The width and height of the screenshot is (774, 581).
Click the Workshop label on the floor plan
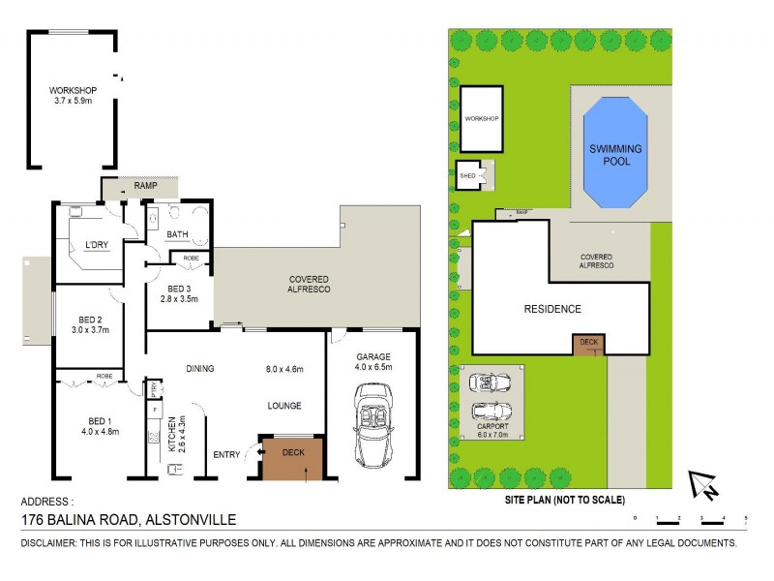pos(74,91)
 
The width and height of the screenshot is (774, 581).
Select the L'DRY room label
pos(96,244)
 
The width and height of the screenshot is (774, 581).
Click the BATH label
pos(177,234)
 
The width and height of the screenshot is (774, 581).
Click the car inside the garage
pos(372,423)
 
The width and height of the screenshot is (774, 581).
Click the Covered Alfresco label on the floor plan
pos(310,284)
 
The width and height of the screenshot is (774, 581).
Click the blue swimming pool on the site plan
pos(616,154)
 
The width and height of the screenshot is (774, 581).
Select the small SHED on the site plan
pos(468,175)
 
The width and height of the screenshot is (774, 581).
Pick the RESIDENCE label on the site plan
pos(552,309)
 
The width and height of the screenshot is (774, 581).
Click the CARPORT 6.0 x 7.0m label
pos(491,431)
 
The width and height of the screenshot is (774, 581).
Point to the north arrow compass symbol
pos(703,485)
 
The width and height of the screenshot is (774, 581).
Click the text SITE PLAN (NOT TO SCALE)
pos(564,501)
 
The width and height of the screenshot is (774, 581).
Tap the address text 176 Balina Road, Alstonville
pos(129,520)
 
